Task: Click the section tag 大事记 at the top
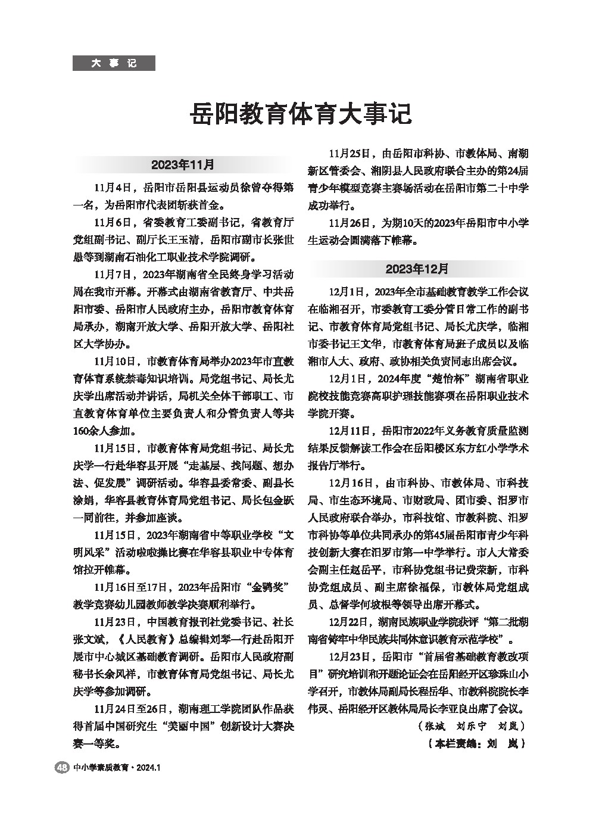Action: pyautogui.click(x=114, y=63)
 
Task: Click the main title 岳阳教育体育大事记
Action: pyautogui.click(x=300, y=113)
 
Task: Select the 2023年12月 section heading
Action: pyautogui.click(x=417, y=269)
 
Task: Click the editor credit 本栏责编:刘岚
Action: pyautogui.click(x=476, y=744)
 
